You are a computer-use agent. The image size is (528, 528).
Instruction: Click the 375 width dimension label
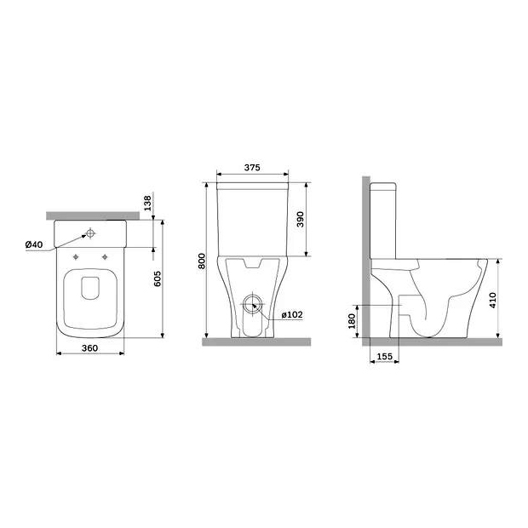tap(252, 168)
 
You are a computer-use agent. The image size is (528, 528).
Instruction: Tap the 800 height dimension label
tap(202, 261)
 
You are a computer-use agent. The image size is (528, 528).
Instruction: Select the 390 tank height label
tap(301, 219)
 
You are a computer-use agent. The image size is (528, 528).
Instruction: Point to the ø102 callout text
tap(292, 315)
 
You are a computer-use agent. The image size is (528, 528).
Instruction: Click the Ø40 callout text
tap(34, 244)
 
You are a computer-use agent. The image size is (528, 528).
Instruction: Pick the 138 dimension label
tap(148, 203)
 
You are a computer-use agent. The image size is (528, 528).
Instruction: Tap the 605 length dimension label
tap(158, 278)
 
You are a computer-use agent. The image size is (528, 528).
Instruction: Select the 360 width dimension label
tap(90, 347)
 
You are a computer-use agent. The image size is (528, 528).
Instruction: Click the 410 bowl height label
tap(492, 301)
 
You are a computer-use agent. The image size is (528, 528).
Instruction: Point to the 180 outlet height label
tap(352, 321)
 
